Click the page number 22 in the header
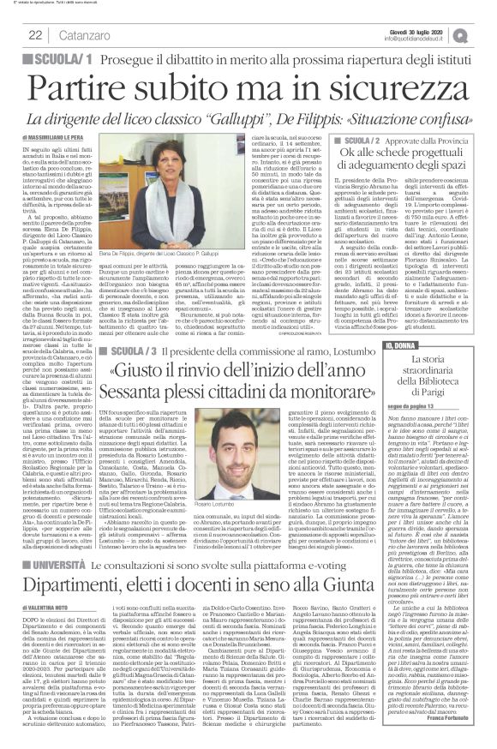[x=37, y=34]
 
